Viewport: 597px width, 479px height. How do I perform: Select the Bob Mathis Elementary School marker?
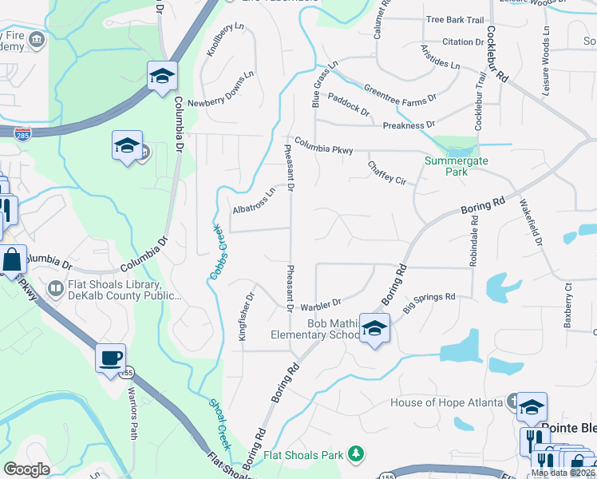click(374, 328)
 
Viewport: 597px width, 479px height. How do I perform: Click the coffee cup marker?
click(111, 358)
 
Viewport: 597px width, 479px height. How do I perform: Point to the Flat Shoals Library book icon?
click(56, 287)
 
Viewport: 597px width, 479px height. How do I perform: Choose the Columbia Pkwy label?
click(323, 145)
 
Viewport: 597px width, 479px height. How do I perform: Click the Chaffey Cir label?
click(387, 172)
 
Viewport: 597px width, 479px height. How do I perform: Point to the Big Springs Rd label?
click(429, 303)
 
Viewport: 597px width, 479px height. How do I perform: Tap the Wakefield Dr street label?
click(532, 222)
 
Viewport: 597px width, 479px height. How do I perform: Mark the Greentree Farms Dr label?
click(401, 93)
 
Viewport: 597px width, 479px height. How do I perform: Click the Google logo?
click(26, 469)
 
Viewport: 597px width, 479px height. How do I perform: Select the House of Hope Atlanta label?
click(445, 402)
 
